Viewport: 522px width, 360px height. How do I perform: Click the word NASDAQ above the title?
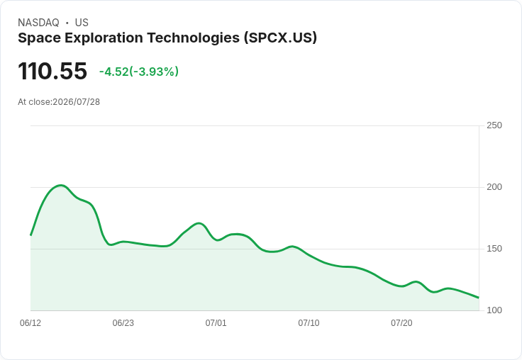[x=38, y=23]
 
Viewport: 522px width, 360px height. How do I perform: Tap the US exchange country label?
[x=82, y=23]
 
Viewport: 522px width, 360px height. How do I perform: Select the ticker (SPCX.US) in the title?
[x=280, y=38]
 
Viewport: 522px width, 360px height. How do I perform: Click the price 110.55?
[x=52, y=71]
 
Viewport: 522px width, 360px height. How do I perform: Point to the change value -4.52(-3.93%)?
[x=139, y=72]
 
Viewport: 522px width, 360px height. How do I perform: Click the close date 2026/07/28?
[x=76, y=102]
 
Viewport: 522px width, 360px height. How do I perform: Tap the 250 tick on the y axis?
[x=494, y=125]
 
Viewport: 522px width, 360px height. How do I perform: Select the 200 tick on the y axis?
[x=494, y=187]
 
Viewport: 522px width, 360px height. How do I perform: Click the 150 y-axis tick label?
[x=494, y=249]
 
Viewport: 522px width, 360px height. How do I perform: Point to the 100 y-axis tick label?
[x=494, y=310]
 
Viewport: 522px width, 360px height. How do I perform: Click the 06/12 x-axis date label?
[x=30, y=323]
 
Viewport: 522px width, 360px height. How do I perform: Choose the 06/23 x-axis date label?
[x=123, y=323]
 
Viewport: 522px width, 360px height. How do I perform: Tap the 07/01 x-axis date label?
[x=216, y=323]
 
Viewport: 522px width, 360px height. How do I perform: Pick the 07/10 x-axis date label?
[x=309, y=323]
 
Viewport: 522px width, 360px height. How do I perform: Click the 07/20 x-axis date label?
[x=401, y=323]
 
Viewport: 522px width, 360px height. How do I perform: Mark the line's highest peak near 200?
[x=60, y=186]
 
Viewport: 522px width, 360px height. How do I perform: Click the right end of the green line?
[x=479, y=298]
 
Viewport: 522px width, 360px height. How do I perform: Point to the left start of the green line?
[x=30, y=235]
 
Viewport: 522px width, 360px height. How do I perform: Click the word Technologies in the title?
[x=194, y=38]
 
